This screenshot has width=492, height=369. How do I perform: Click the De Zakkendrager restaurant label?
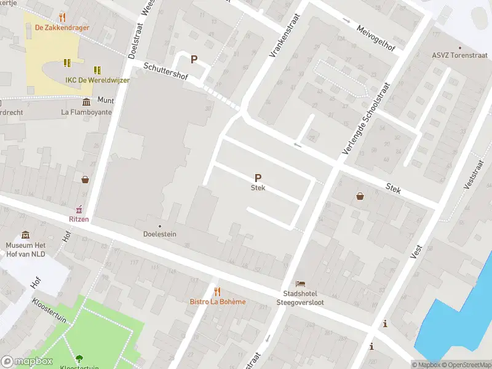pos(61,27)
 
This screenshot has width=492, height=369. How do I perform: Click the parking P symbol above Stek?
pos(258,177)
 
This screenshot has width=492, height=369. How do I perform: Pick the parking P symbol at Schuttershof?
pos(194,60)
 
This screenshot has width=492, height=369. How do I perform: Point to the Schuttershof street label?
pos(164,73)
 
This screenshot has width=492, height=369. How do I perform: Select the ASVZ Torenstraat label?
pos(458,55)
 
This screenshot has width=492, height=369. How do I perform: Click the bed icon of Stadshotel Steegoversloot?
pos(300,284)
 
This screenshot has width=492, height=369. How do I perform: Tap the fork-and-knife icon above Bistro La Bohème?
pos(216,291)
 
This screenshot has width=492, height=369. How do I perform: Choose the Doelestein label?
pos(160,234)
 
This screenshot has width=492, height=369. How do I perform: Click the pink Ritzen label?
pos(79,218)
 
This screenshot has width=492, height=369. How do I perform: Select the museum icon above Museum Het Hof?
pos(25,235)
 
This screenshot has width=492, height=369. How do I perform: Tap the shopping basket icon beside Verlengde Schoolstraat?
pos(360,196)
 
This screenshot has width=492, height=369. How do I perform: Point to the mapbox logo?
pos(27,362)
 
